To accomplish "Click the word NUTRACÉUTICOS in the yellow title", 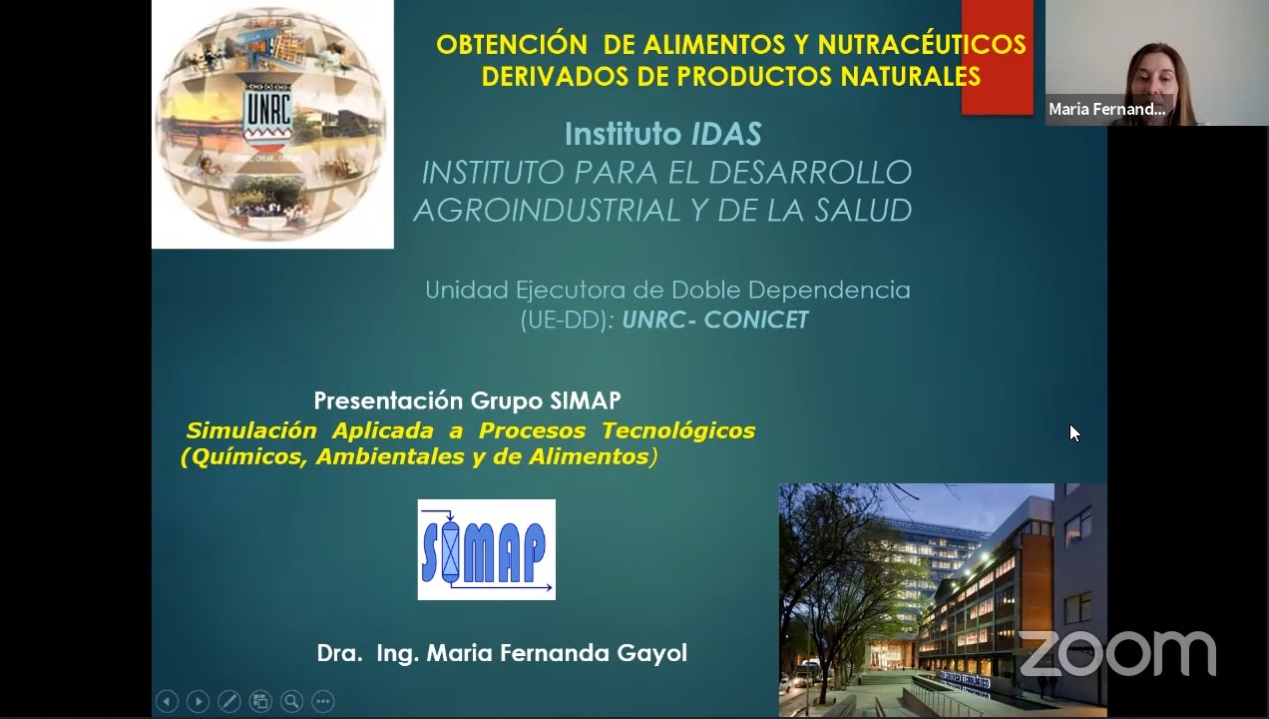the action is [x=922, y=44].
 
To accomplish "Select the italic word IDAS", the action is [x=726, y=134].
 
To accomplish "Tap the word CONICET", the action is [x=756, y=320].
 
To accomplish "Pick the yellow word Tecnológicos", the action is [x=678, y=430].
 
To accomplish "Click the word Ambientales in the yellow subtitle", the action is [x=390, y=456].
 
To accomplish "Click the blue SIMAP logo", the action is [x=487, y=549].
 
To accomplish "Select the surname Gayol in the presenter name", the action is [x=651, y=653].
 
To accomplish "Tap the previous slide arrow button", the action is [x=168, y=701].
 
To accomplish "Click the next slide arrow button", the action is [x=199, y=701].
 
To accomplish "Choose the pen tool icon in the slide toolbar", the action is [x=229, y=701].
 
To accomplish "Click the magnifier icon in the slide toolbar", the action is [x=291, y=701].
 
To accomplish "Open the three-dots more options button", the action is [x=323, y=701].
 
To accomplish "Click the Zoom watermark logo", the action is [x=1117, y=653].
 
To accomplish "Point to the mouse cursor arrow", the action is [x=1074, y=433].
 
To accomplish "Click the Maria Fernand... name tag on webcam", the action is [x=1107, y=109].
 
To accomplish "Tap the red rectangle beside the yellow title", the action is [x=998, y=57].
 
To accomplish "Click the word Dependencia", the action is [x=829, y=290].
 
